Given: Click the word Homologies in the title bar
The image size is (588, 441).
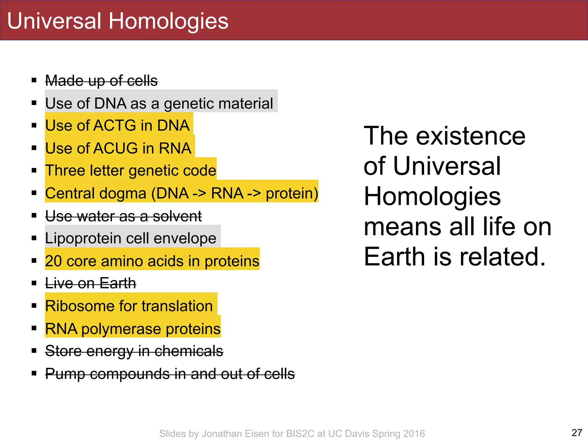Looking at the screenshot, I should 168,22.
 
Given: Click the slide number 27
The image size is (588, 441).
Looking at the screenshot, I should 577,432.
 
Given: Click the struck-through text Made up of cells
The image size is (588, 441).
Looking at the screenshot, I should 101,81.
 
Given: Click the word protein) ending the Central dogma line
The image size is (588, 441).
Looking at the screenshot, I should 292,193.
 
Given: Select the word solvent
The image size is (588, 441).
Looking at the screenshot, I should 177,216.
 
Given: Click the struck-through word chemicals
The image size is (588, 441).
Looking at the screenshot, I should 189,351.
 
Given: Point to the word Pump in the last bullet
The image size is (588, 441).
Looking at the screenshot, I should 65,374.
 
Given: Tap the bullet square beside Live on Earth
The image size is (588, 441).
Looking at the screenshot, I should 34,283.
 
